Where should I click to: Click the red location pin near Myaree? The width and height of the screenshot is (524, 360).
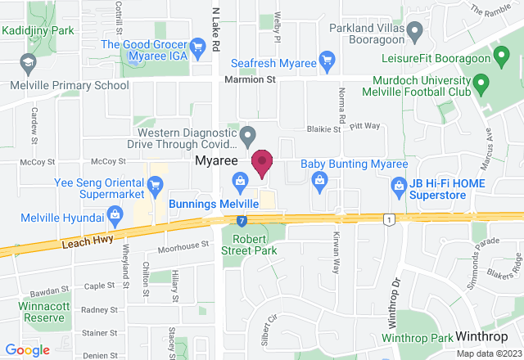click(262, 162)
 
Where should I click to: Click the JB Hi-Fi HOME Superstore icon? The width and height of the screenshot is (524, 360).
click(399, 186)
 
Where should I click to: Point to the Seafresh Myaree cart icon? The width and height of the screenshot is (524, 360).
click(327, 59)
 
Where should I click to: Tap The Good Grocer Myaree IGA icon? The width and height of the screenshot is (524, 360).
click(196, 45)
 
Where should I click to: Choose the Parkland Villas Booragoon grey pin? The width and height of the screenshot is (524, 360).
click(415, 33)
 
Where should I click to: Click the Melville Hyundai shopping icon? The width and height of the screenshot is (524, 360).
click(115, 217)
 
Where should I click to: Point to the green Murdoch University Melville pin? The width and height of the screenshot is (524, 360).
click(481, 82)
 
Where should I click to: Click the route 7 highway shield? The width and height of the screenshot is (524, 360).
click(242, 220)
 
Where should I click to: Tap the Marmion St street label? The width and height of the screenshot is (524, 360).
click(250, 80)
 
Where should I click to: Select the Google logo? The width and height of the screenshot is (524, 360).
click(26, 350)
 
